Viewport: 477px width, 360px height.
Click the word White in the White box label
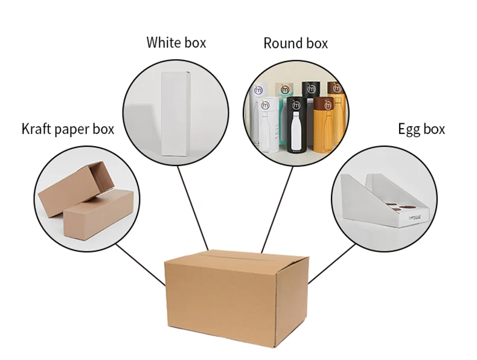[159, 43]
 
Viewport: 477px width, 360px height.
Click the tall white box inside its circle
[176, 115]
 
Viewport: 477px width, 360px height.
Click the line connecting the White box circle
[193, 208]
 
